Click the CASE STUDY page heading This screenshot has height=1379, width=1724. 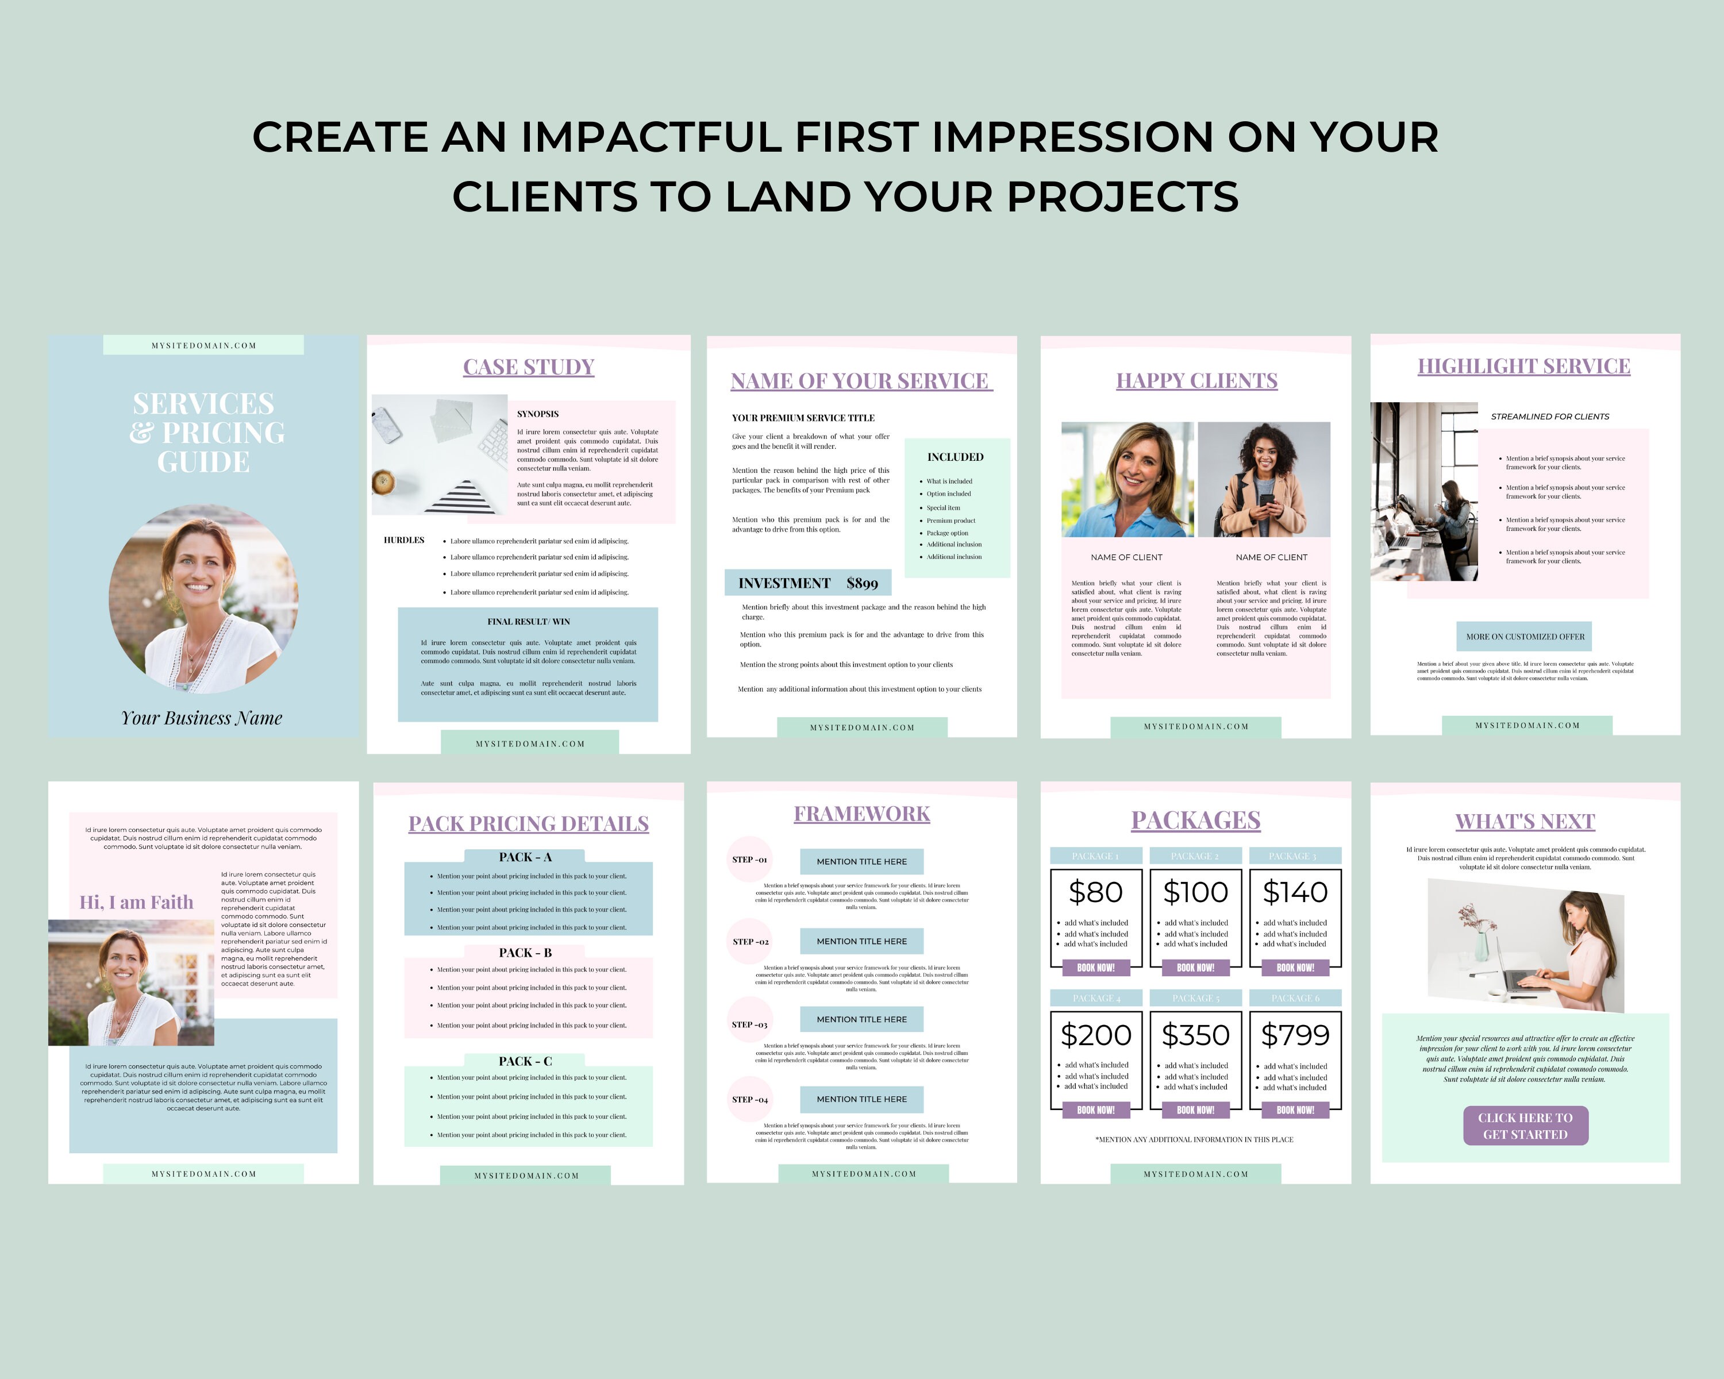click(x=529, y=367)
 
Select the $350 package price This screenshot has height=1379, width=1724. click(x=1195, y=1035)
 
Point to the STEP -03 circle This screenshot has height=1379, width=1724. click(x=749, y=1024)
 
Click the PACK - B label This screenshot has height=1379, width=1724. click(x=525, y=953)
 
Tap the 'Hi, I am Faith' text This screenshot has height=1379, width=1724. click(x=136, y=903)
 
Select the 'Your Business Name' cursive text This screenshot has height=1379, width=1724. click(x=202, y=718)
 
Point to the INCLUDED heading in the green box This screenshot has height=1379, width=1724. click(x=956, y=457)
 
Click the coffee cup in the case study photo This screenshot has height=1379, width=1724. click(x=384, y=482)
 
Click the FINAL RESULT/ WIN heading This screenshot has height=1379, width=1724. click(x=529, y=622)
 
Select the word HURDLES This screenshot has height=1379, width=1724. click(x=404, y=541)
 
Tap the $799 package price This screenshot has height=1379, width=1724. click(x=1295, y=1035)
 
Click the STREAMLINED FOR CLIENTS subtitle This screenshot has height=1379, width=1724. click(x=1550, y=417)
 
